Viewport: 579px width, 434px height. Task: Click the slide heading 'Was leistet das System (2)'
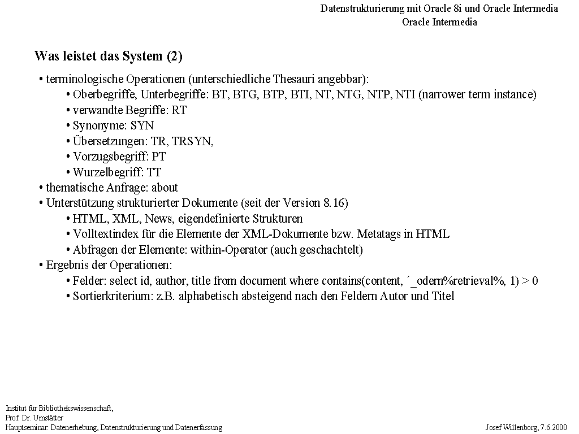[x=108, y=57]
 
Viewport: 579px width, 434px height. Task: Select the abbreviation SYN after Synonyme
[x=142, y=125]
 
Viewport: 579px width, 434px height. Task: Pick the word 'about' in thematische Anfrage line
[x=165, y=188]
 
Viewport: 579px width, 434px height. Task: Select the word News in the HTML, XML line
[x=159, y=219]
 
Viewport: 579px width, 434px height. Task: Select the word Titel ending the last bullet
[x=443, y=296]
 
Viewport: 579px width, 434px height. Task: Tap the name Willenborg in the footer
[x=519, y=428]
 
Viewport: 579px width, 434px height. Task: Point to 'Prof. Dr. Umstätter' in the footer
[x=34, y=418]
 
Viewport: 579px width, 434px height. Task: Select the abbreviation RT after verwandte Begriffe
[x=179, y=110]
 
